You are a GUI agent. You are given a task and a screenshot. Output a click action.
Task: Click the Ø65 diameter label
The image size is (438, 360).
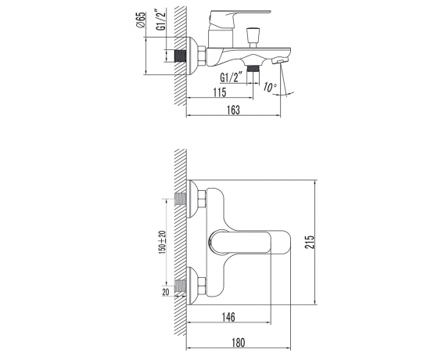click(142, 20)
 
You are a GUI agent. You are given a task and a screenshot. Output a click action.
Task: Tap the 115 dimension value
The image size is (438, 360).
click(220, 92)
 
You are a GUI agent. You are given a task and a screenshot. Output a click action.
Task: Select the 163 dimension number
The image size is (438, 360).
click(234, 110)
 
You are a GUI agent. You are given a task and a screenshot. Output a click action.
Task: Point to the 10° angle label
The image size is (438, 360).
click(270, 88)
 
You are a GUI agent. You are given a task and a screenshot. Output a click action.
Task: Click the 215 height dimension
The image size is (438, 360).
click(311, 242)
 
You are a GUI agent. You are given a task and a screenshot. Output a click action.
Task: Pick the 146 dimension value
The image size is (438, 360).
click(228, 317)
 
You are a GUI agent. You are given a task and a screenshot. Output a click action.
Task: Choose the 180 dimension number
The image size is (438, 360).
click(238, 343)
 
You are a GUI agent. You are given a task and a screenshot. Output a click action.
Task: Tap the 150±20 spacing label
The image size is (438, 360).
click(163, 243)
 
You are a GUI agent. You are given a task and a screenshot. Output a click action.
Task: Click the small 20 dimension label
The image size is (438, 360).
click(166, 292)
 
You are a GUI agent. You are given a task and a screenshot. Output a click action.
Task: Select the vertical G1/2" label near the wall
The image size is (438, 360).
click(161, 20)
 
